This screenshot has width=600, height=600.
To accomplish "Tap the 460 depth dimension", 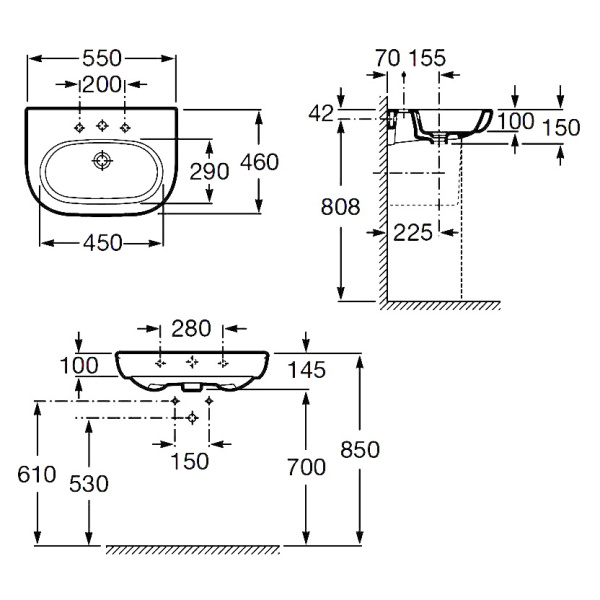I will [x=284, y=161].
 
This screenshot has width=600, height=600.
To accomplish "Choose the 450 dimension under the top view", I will [x=102, y=242].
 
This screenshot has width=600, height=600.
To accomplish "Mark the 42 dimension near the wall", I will [x=320, y=115].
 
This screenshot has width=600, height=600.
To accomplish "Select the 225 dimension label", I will [x=414, y=233].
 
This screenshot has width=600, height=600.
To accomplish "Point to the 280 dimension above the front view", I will [x=191, y=328].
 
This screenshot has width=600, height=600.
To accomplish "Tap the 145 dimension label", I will [x=307, y=370].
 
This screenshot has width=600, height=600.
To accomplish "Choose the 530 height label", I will [x=89, y=483].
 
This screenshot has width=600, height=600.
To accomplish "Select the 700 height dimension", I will [x=307, y=466].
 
